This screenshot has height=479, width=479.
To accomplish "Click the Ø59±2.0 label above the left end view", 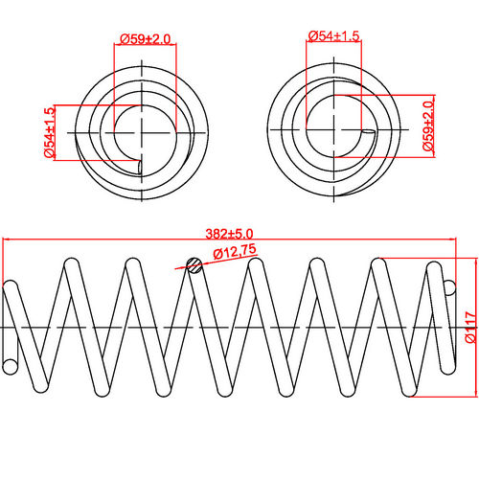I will [x=145, y=38].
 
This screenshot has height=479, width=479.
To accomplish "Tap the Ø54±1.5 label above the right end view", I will [x=334, y=36].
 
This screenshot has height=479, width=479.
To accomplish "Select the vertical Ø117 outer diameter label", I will [x=469, y=326].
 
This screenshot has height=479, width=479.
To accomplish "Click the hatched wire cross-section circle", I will [x=194, y=265].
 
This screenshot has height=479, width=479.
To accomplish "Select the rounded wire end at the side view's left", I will [x=11, y=366].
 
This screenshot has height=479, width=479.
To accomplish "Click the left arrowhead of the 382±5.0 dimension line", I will [x=5, y=239].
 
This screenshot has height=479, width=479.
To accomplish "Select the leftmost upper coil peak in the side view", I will [x=70, y=261].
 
